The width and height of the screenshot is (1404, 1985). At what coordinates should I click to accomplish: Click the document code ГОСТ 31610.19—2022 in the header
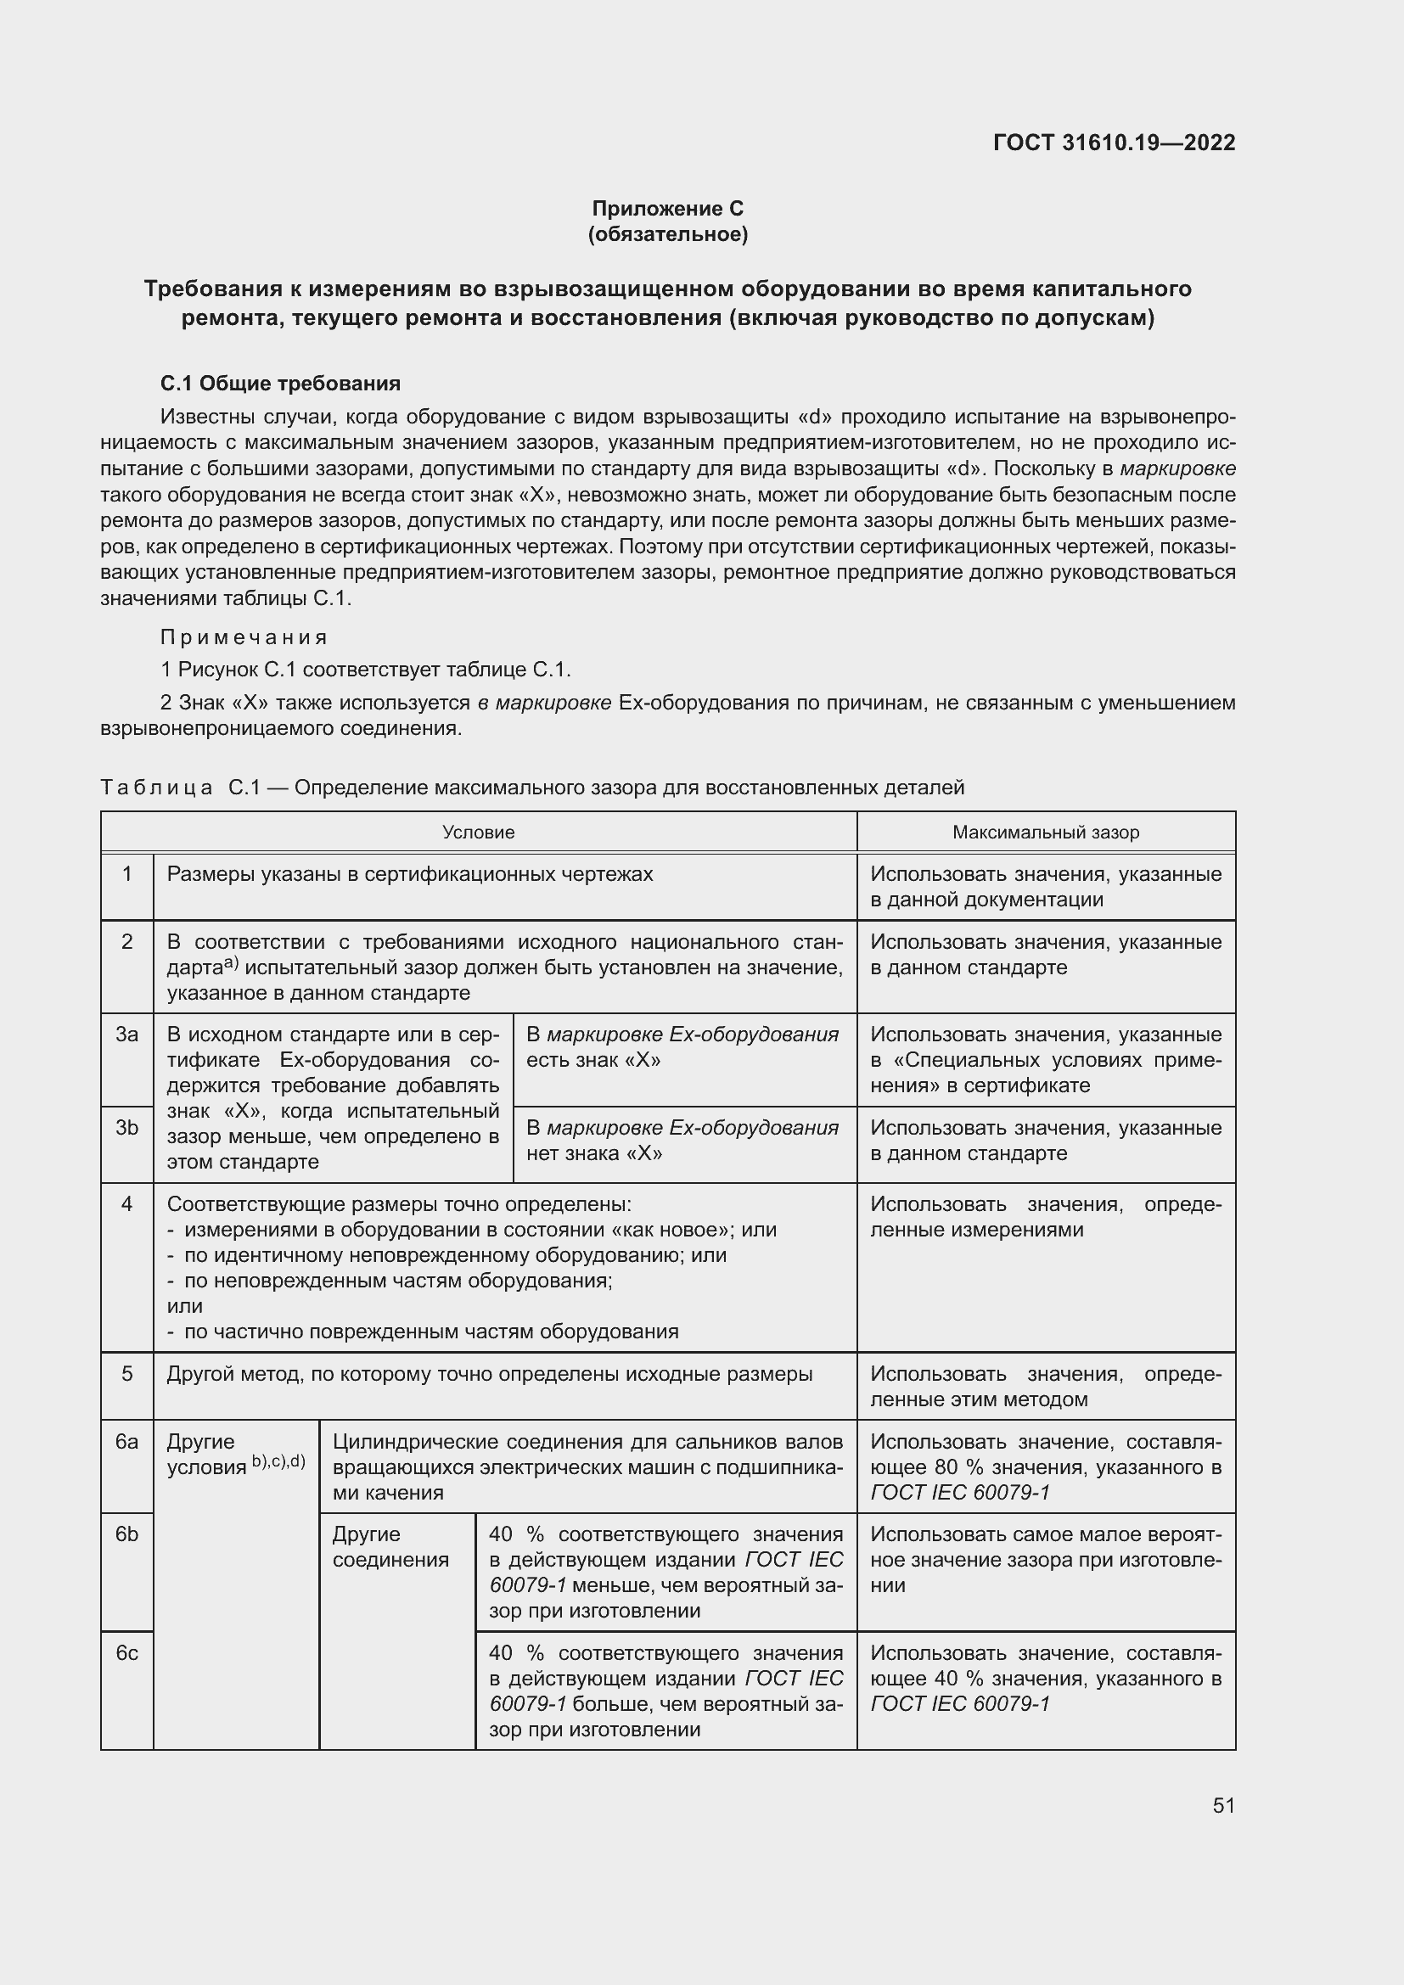[1114, 143]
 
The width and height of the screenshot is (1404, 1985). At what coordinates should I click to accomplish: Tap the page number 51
[1222, 1805]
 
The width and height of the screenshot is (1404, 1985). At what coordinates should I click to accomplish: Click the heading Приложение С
[667, 209]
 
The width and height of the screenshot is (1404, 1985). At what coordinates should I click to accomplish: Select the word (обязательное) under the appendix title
[667, 234]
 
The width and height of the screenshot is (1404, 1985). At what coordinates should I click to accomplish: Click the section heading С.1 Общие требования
[280, 383]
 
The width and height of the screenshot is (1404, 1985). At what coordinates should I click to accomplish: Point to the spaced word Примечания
[244, 637]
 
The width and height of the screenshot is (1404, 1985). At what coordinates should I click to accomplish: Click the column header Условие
[478, 833]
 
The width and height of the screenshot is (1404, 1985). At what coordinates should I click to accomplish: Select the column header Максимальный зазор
[1045, 833]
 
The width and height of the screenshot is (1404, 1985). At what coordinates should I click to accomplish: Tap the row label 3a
[127, 1035]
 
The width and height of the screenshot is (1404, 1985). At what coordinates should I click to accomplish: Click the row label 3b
[127, 1127]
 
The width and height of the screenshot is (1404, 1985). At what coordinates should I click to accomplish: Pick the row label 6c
[127, 1653]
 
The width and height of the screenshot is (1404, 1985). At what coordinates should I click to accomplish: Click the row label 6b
[127, 1534]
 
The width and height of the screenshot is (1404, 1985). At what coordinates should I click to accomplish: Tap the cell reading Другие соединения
[390, 1547]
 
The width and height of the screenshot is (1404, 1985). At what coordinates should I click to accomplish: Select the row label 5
[127, 1374]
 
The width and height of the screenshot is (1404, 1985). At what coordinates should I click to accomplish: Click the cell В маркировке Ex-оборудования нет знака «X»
[682, 1141]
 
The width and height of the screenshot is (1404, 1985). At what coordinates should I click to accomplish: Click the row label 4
[127, 1204]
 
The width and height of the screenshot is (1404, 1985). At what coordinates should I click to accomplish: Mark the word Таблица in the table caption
[156, 788]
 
